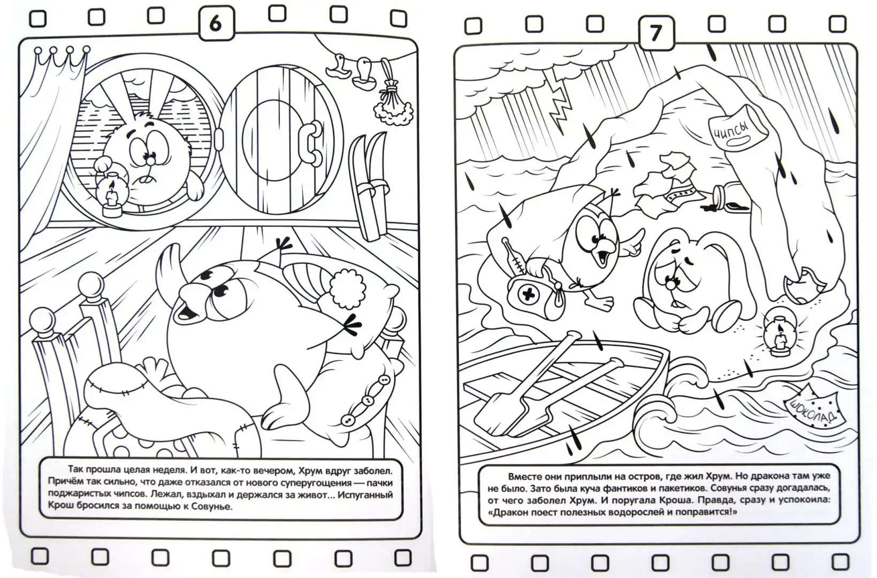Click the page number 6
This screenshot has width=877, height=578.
click(x=216, y=24)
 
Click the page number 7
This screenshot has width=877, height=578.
click(x=656, y=33)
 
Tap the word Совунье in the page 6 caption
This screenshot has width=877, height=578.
click(x=211, y=507)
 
